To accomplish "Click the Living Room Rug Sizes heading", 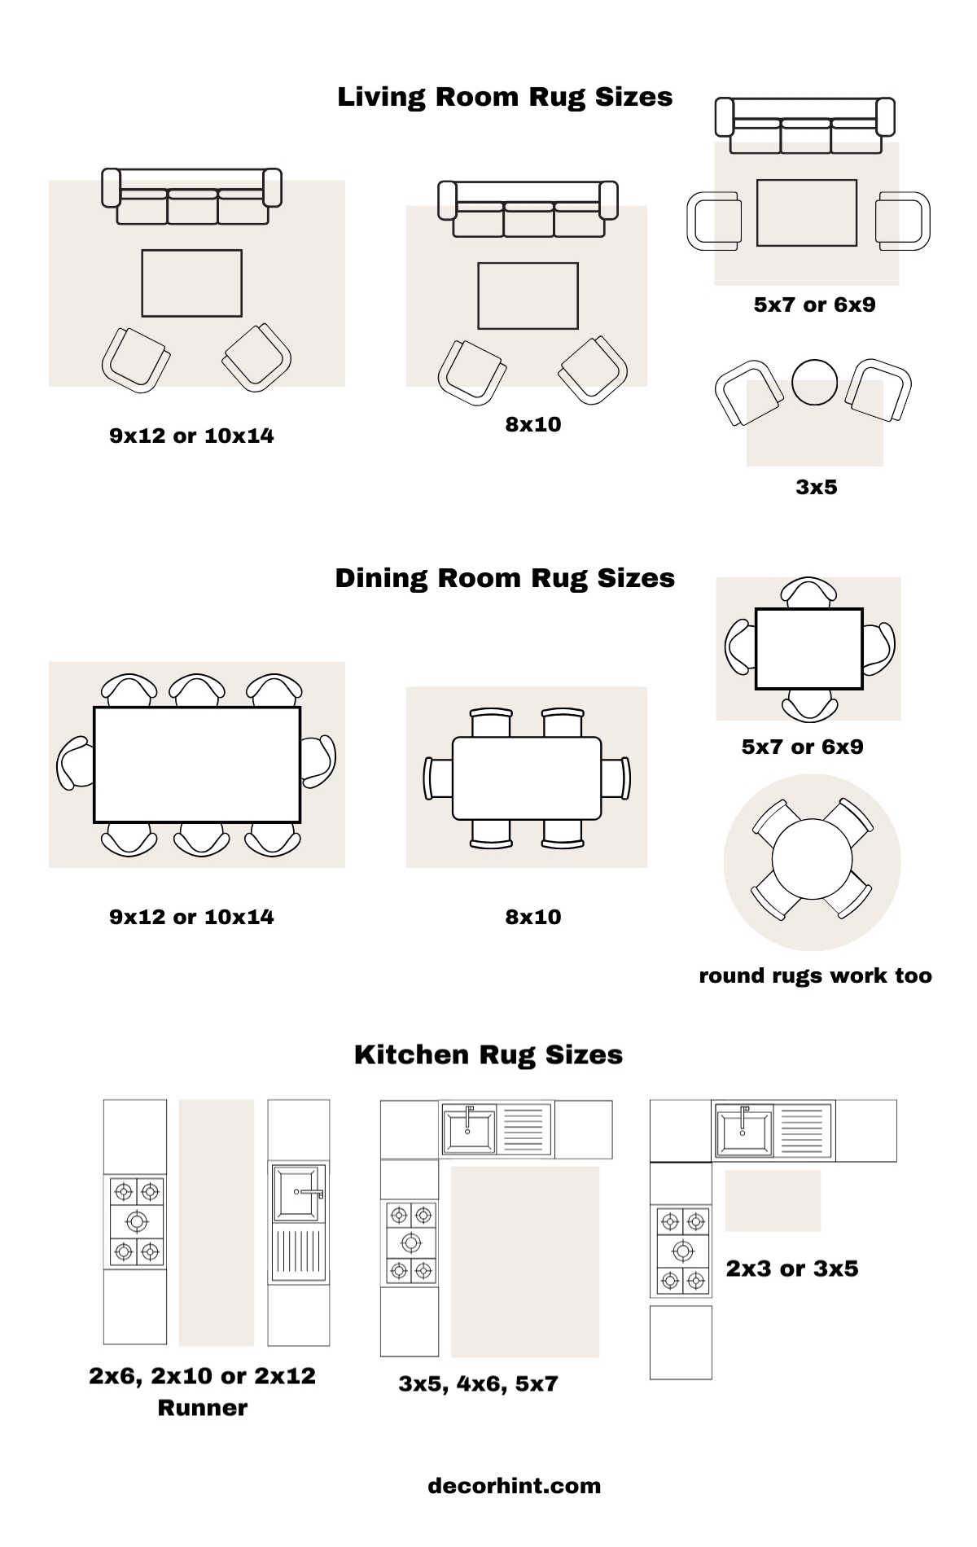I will pyautogui.click(x=505, y=97).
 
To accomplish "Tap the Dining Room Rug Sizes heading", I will pyautogui.click(x=505, y=578).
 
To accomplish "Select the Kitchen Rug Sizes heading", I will pyautogui.click(x=488, y=1054).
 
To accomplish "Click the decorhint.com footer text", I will pyautogui.click(x=515, y=1485).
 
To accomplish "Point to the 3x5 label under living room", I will pyautogui.click(x=816, y=487).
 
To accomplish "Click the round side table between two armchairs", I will pyautogui.click(x=814, y=382).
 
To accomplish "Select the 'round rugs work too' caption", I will pyautogui.click(x=815, y=975).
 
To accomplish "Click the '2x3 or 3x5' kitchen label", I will pyautogui.click(x=791, y=1268).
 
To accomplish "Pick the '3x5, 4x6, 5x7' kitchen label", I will pyautogui.click(x=478, y=1383).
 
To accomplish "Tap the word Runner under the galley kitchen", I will pyautogui.click(x=202, y=1408).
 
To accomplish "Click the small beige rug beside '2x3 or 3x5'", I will pyautogui.click(x=773, y=1200).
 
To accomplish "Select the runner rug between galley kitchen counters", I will pyautogui.click(x=217, y=1221).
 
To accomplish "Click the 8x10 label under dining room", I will pyautogui.click(x=533, y=917).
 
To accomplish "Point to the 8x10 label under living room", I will pyautogui.click(x=533, y=424).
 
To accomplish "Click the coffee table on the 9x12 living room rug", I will pyautogui.click(x=192, y=283).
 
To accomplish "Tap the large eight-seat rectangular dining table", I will pyautogui.click(x=197, y=765).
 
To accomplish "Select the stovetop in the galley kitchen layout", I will pyautogui.click(x=136, y=1221).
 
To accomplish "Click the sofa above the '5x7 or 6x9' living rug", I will pyautogui.click(x=805, y=125).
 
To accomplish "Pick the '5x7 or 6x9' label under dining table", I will pyautogui.click(x=802, y=747).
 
